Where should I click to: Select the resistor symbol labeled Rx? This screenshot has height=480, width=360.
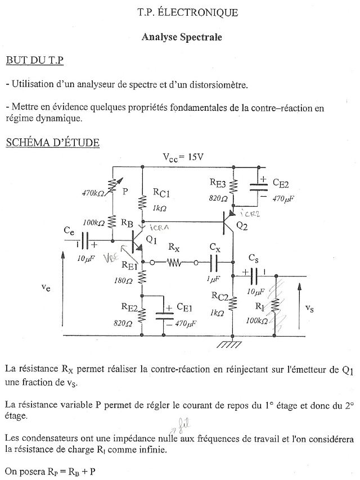(x=174, y=262)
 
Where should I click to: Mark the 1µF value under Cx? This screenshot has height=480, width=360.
(x=213, y=279)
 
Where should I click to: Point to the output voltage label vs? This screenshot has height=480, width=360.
(x=310, y=308)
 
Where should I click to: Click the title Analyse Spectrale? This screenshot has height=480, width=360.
(x=182, y=37)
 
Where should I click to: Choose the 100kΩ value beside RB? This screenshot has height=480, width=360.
(x=94, y=223)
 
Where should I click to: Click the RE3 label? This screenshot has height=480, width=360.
(x=218, y=183)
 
